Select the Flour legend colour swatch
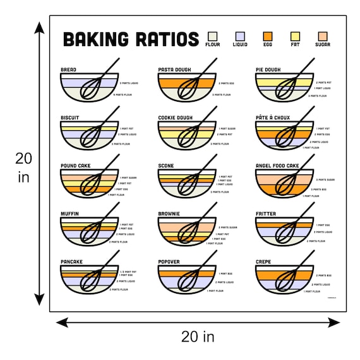(213, 36)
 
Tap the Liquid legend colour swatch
(240, 36)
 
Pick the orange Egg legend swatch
(268, 36)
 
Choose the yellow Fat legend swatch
(295, 36)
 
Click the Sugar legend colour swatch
(323, 36)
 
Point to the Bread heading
(68, 69)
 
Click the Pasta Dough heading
(176, 69)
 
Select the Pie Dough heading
(268, 69)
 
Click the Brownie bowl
(187, 232)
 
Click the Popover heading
(170, 261)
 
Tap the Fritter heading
(266, 213)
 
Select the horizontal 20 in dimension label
(198, 337)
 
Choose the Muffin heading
(69, 213)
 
